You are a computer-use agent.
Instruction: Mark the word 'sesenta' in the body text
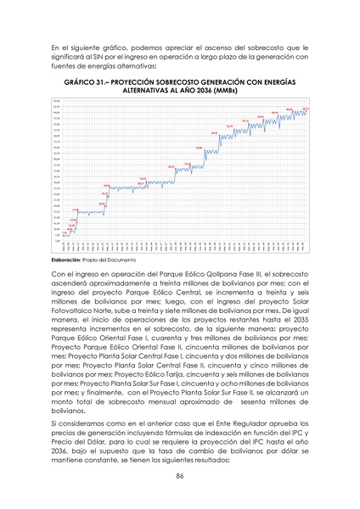(x=261, y=395)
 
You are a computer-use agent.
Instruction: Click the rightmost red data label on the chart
(x=304, y=109)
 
